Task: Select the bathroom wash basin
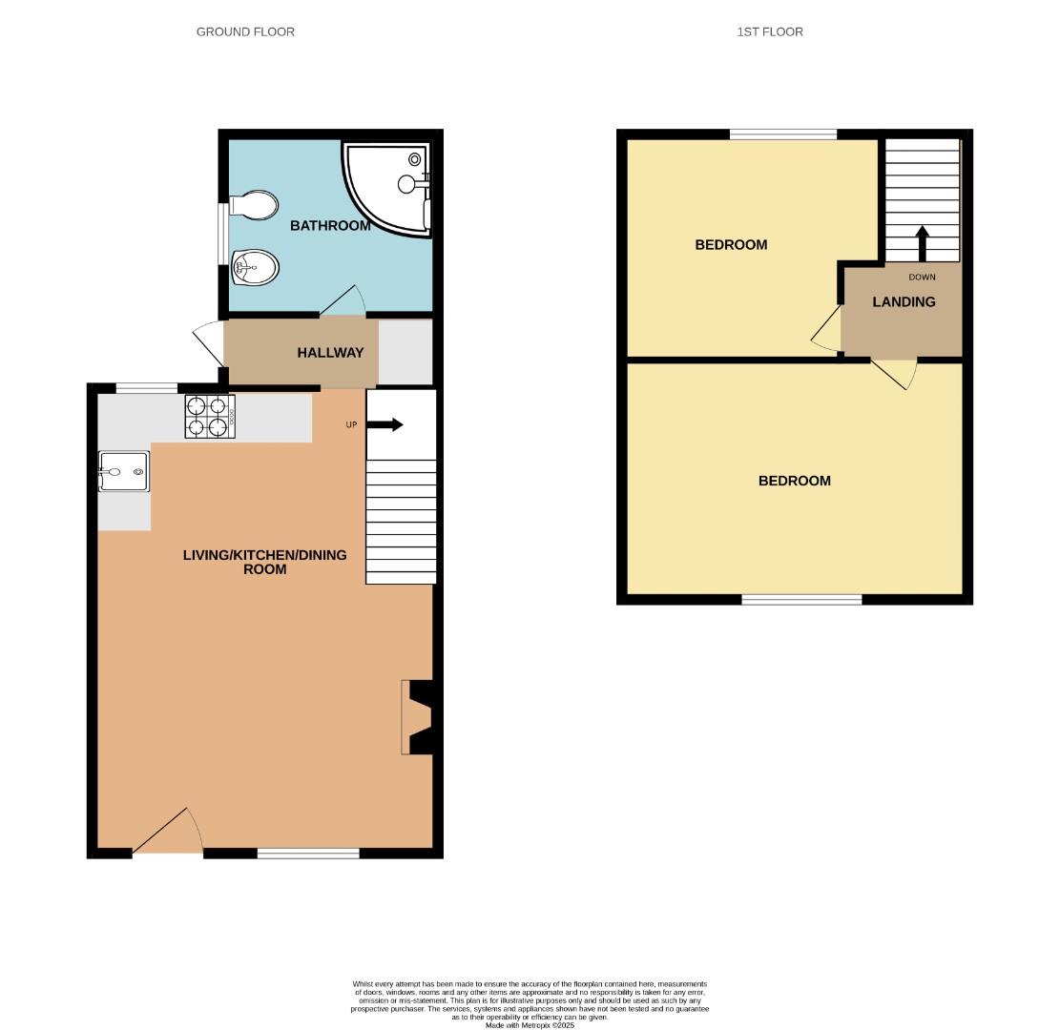(255, 267)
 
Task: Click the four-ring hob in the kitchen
(210, 417)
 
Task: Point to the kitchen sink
(124, 472)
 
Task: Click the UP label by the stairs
(351, 424)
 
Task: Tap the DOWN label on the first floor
(922, 278)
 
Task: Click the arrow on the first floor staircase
(922, 242)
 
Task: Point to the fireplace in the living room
(418, 716)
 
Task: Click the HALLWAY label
(330, 353)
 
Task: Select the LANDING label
(904, 302)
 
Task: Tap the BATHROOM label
(330, 226)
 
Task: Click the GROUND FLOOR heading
(245, 31)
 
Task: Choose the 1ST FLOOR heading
(770, 31)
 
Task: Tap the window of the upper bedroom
(783, 134)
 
